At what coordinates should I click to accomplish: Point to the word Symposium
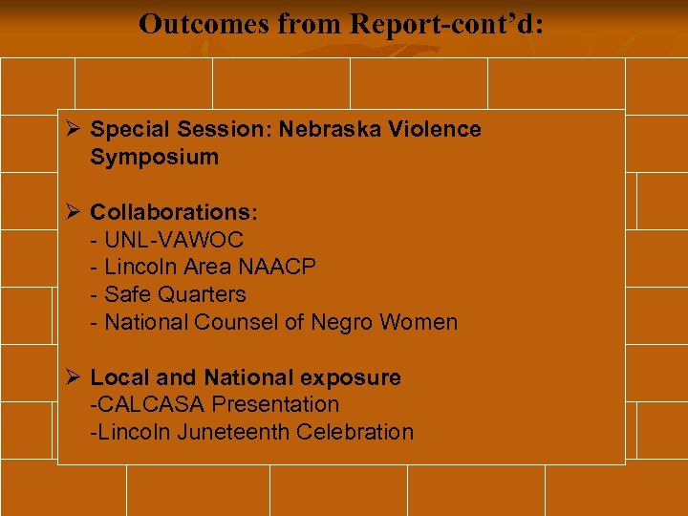click(x=154, y=157)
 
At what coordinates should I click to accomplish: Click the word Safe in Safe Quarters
click(x=127, y=294)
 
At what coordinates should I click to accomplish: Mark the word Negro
click(x=340, y=322)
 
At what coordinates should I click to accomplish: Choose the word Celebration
click(x=355, y=432)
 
